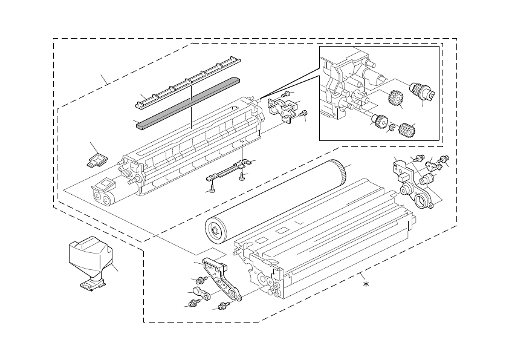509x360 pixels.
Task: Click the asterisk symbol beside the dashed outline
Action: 365,283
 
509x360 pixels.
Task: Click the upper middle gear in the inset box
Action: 395,98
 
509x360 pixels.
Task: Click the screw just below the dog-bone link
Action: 193,304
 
